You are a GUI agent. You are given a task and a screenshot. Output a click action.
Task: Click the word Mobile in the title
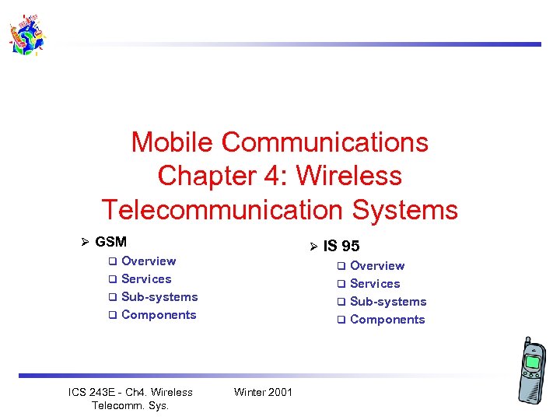173,142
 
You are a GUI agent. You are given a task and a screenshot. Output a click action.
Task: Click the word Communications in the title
324,142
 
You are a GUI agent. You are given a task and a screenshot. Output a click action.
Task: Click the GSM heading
110,242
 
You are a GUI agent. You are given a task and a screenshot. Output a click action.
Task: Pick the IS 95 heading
341,247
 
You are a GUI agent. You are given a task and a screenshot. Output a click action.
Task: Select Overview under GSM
149,261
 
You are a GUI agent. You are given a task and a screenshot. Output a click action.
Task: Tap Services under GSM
146,279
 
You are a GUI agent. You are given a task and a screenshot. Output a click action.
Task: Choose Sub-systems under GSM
159,297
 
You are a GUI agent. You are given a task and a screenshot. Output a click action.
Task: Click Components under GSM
159,315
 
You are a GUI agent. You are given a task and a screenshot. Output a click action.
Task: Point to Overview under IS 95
377,266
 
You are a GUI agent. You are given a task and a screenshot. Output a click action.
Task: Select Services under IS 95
375,284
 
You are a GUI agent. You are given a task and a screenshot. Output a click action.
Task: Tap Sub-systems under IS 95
388,302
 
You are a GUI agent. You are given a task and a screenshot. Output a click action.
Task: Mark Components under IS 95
387,320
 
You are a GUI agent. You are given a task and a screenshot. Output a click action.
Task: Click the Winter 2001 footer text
263,392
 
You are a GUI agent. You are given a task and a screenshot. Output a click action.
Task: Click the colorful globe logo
26,35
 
